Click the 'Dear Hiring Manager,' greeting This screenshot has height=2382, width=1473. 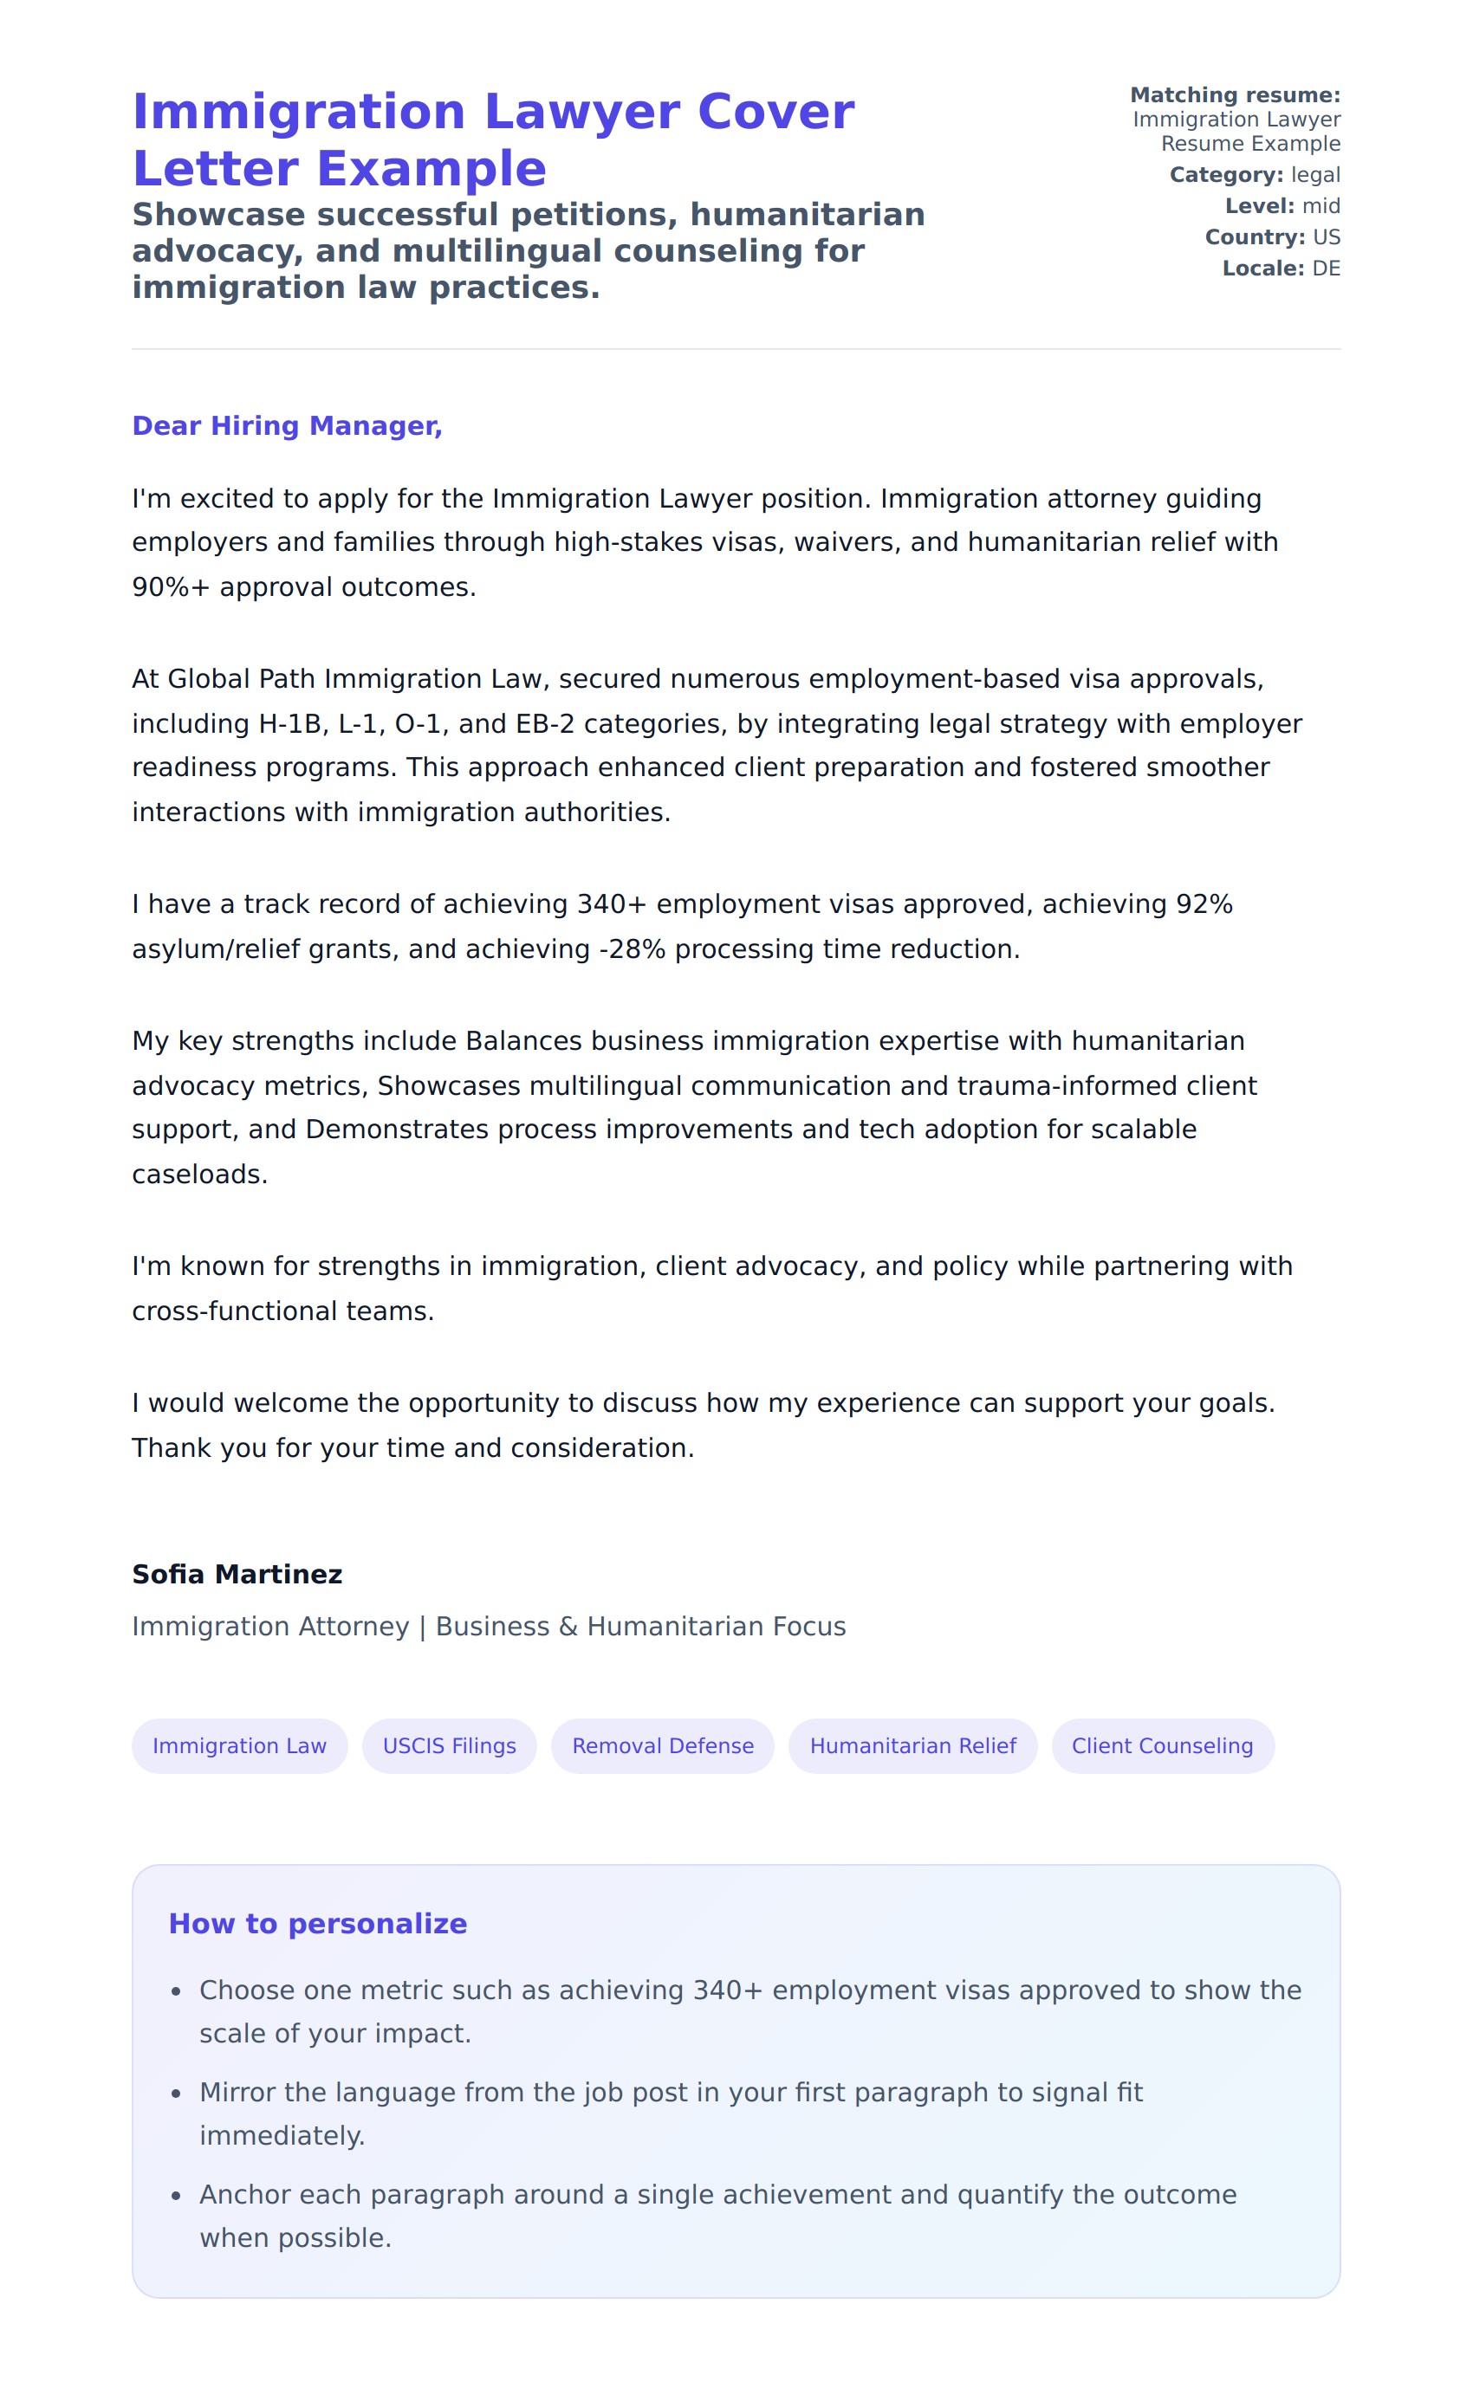(287, 425)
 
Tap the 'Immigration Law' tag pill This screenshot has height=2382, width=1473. (240, 1745)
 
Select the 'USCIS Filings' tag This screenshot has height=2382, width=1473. (449, 1745)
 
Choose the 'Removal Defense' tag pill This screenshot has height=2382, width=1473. (663, 1745)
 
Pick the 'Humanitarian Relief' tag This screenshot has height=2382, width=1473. (913, 1745)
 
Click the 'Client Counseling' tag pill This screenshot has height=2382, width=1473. (1162, 1745)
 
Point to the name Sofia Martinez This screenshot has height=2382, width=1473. (237, 1574)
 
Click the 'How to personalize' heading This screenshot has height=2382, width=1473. (318, 1923)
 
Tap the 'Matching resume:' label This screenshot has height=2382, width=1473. (1235, 94)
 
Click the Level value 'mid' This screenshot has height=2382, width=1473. (1321, 205)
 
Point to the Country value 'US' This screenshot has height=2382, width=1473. (1326, 236)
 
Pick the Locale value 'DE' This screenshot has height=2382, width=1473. (1326, 268)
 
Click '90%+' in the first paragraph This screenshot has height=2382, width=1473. (171, 587)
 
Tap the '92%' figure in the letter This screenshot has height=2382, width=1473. (1204, 903)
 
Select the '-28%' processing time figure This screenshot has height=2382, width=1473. (628, 948)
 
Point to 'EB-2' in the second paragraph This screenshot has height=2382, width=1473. (545, 723)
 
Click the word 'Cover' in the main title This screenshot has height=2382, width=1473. (775, 111)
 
